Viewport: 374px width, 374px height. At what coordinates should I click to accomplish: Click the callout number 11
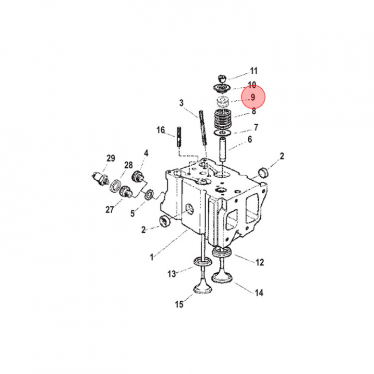click(253, 71)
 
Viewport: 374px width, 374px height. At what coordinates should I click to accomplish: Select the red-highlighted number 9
click(253, 97)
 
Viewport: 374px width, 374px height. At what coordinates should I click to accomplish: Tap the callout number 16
click(161, 130)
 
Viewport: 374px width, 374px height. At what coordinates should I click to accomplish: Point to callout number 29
click(111, 158)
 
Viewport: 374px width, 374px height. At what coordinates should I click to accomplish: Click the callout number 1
click(152, 257)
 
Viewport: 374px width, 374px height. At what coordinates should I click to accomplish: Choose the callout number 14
click(259, 292)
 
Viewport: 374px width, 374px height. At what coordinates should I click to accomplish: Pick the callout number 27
click(110, 210)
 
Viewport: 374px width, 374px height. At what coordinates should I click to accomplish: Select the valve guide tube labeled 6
click(223, 149)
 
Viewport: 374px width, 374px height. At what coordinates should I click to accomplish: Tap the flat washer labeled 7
click(222, 132)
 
